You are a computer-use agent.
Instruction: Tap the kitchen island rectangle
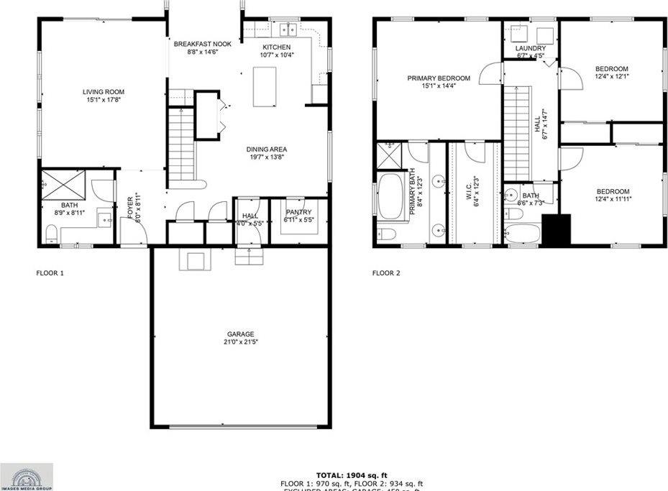[265, 86]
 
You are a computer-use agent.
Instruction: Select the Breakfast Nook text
[203, 45]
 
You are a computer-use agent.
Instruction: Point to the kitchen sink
[290, 30]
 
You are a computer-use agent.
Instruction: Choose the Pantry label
[298, 212]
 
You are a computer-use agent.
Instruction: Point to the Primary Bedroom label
[439, 78]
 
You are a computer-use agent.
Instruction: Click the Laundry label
[531, 49]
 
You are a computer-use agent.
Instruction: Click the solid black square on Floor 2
[556, 229]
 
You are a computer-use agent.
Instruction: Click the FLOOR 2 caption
[386, 273]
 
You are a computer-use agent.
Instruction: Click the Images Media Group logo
[27, 476]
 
